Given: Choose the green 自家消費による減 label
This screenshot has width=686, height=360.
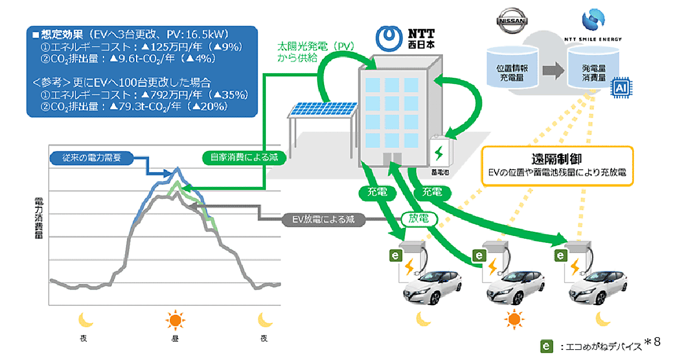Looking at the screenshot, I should pyautogui.click(x=244, y=157).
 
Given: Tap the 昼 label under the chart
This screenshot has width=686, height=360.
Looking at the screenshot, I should pyautogui.click(x=174, y=337).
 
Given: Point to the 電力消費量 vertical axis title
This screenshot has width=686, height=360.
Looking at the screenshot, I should pyautogui.click(x=39, y=221).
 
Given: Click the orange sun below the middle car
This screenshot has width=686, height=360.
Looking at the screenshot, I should pyautogui.click(x=515, y=319).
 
